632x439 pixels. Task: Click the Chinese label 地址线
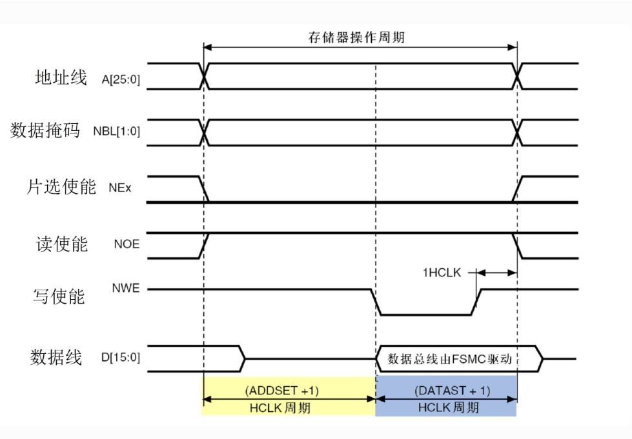tap(60, 78)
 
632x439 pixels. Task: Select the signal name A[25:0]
tap(120, 80)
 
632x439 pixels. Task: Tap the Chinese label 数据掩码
tap(45, 131)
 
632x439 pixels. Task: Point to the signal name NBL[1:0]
tap(116, 133)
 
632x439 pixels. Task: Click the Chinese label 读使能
tap(61, 244)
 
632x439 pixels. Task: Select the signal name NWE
tap(125, 289)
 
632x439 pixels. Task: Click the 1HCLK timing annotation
tap(442, 273)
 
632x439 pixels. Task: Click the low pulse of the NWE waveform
tap(426, 314)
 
